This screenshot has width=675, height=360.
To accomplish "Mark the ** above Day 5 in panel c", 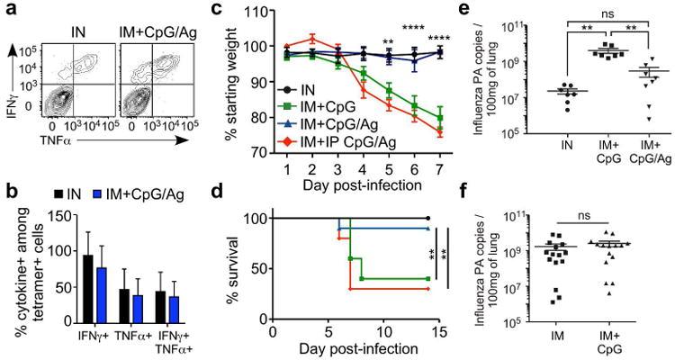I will click(x=388, y=41).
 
